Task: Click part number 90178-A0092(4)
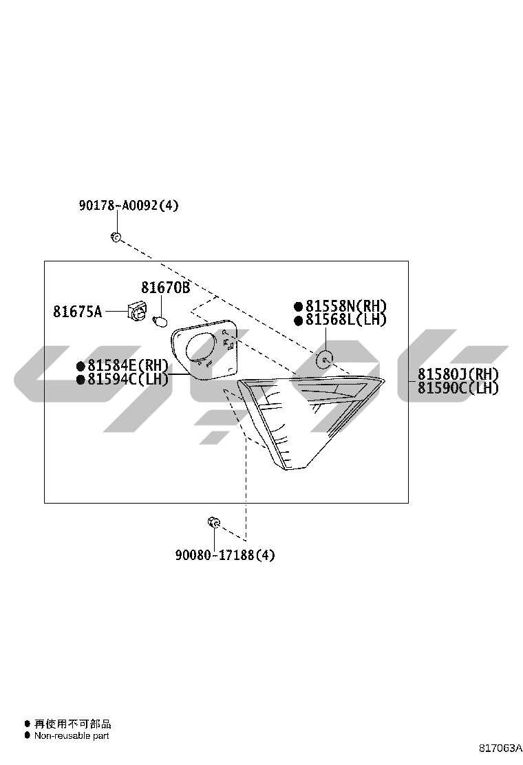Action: [x=129, y=206]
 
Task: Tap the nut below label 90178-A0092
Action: [x=116, y=237]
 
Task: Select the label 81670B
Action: [x=165, y=288]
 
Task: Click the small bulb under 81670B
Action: [x=160, y=321]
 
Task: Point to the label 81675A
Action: [x=78, y=311]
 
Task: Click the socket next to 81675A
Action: [x=137, y=310]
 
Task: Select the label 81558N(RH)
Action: [x=346, y=306]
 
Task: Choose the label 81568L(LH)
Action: [x=346, y=320]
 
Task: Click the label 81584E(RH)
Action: [x=128, y=365]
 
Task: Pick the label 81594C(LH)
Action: [x=128, y=379]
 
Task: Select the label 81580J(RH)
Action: [x=458, y=375]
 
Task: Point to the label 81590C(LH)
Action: [x=458, y=389]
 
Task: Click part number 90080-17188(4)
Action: [x=225, y=554]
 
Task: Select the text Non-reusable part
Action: [x=72, y=735]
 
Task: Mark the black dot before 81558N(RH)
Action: [x=297, y=307]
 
